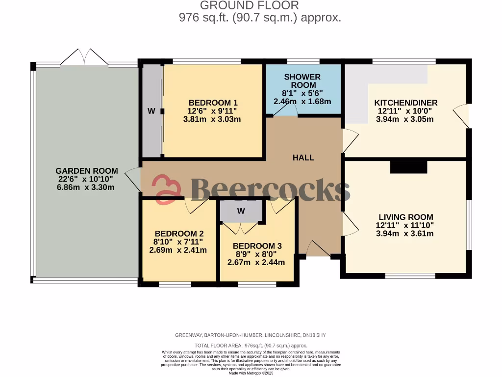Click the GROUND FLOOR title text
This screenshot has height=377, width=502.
(x=250, y=6)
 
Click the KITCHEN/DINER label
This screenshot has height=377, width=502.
(x=405, y=103)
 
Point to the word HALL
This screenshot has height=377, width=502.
(x=303, y=158)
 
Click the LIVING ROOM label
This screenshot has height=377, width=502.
(x=405, y=217)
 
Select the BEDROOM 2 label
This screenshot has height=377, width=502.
(x=178, y=234)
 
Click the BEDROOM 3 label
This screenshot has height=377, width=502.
(x=257, y=246)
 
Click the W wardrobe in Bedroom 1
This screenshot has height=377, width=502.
(x=151, y=111)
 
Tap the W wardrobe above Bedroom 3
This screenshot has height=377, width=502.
(x=241, y=211)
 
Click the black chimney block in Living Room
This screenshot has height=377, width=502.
(x=408, y=167)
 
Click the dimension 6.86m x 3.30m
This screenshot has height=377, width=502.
(x=85, y=187)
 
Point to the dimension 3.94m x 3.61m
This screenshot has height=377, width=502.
(x=405, y=233)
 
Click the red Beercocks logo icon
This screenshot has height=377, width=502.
(x=166, y=189)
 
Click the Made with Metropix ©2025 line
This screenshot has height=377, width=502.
(x=251, y=373)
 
